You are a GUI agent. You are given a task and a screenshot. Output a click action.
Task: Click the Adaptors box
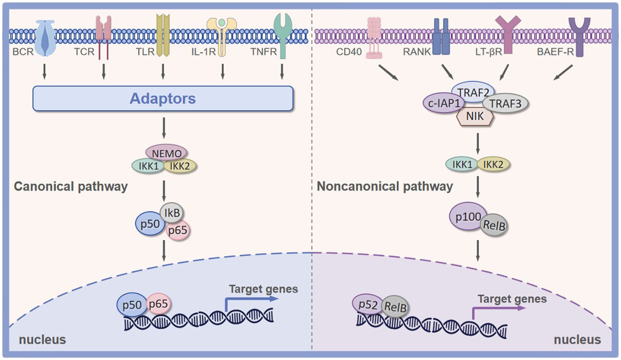[x=163, y=98]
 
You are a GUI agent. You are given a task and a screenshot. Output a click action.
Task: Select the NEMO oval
[x=166, y=153]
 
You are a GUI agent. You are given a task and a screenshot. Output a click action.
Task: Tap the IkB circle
[x=172, y=212]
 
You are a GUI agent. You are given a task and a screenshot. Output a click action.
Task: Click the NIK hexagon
[x=475, y=116]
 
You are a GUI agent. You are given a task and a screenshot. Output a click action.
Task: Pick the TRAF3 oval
[x=506, y=104]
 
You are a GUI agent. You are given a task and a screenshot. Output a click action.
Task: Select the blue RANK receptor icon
[x=441, y=37]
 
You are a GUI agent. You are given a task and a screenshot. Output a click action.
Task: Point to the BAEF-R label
[x=555, y=52]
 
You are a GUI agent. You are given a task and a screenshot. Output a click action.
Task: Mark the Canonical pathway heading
[x=71, y=186]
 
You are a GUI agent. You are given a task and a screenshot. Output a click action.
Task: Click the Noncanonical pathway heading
[x=385, y=186]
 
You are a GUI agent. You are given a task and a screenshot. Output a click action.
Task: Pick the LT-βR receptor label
[x=488, y=52]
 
